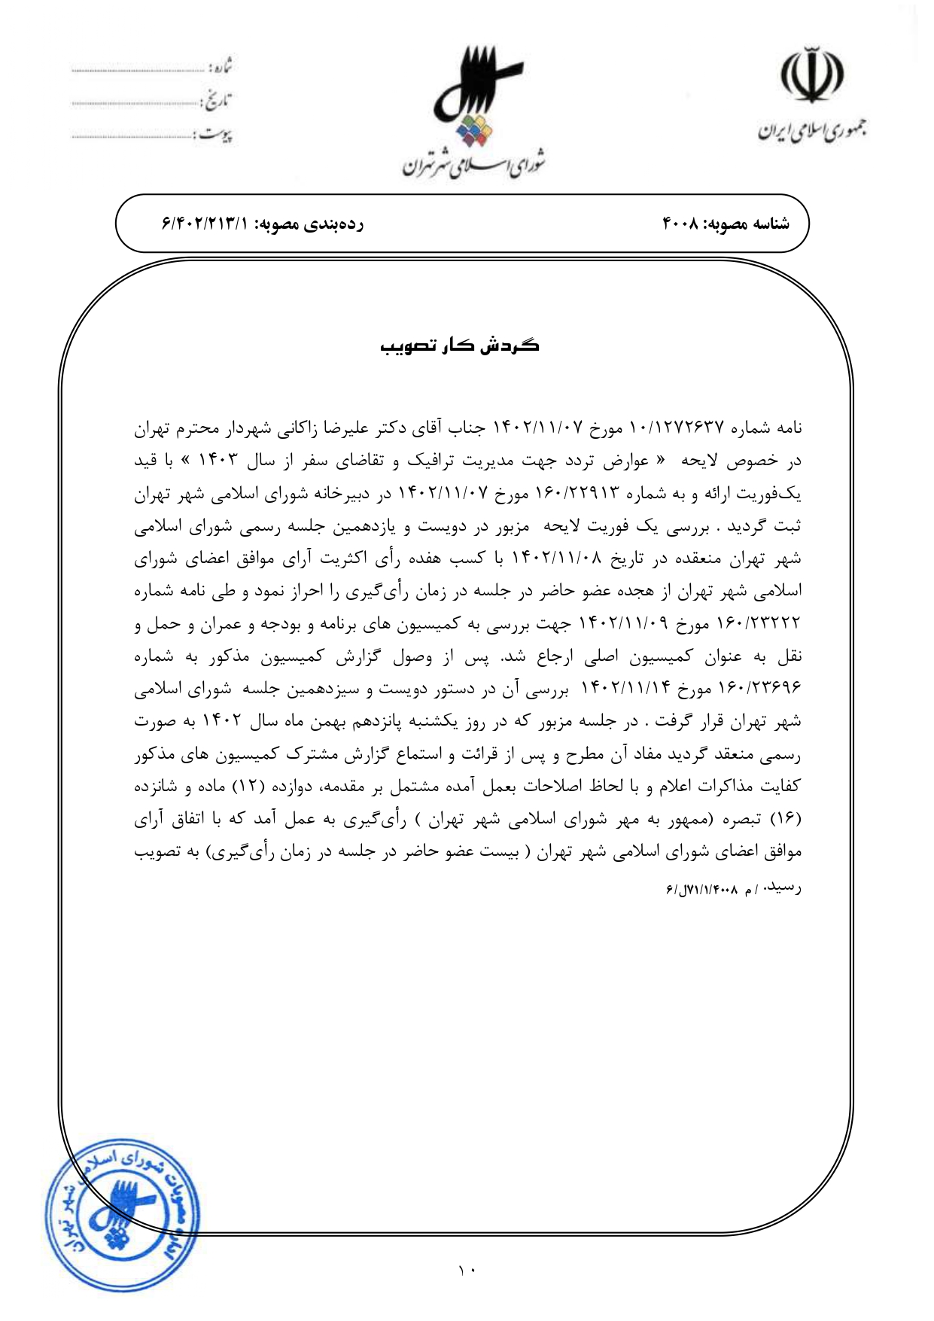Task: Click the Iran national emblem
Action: [811, 77]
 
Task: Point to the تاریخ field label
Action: [218, 100]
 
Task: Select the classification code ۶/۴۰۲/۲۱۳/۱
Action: [204, 224]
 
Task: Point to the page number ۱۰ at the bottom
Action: [467, 1271]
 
